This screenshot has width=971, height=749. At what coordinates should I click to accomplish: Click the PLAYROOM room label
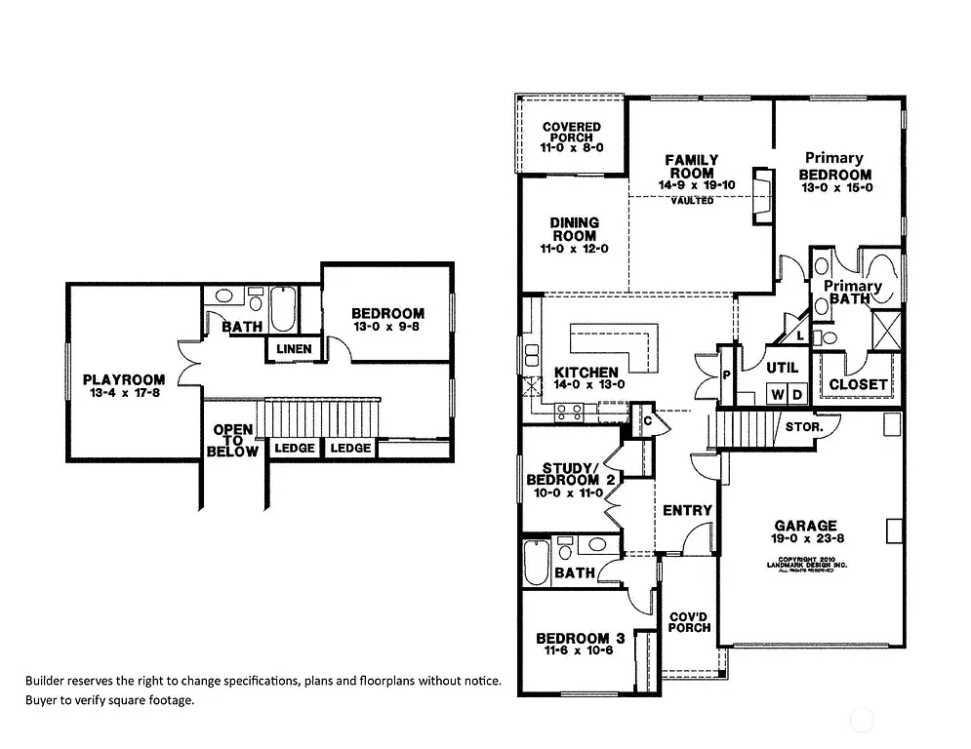point(123,379)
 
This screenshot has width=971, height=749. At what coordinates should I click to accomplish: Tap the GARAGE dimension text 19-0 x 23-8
point(805,538)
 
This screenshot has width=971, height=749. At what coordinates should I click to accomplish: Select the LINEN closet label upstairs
point(294,349)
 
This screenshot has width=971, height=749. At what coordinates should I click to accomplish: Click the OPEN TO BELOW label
point(234,441)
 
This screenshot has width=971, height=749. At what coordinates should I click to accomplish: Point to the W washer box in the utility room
point(778,394)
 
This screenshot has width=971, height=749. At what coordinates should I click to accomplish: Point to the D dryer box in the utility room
point(796,394)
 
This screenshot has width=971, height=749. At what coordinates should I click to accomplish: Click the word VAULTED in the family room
point(692,201)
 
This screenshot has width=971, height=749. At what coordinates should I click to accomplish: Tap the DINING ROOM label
point(575,229)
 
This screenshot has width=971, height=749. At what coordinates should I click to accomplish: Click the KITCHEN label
point(586,373)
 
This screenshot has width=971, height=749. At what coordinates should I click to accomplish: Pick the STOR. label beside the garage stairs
point(804,427)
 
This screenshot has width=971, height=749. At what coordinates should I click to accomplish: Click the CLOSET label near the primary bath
point(858,384)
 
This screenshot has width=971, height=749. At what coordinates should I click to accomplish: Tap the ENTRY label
point(687,510)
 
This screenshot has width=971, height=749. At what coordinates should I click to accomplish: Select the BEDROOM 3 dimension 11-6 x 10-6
point(575,651)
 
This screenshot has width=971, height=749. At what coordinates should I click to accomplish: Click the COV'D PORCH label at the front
point(689,621)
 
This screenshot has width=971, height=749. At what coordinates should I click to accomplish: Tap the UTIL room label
point(782,368)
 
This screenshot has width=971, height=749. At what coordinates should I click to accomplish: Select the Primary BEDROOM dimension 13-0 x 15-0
point(835,188)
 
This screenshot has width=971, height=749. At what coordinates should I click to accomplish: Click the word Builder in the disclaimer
point(47,681)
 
